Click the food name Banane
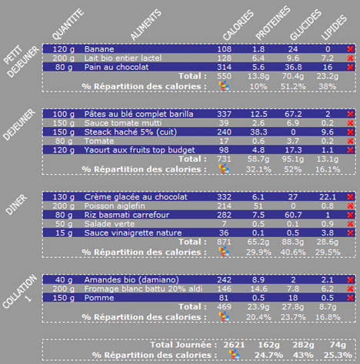[x=98, y=48]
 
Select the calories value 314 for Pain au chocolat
[x=225, y=67]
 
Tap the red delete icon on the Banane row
[x=351, y=48]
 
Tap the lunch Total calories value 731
[x=225, y=159]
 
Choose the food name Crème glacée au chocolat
[x=135, y=176]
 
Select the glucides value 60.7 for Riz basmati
[x=292, y=195]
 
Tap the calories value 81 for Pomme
[x=225, y=298]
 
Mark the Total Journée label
[x=185, y=345]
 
